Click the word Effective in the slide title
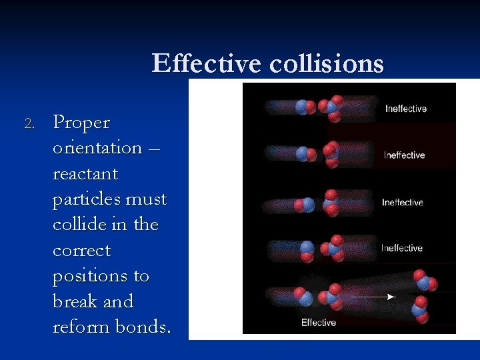pyautogui.click(x=207, y=64)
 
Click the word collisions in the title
pyautogui.click(x=327, y=64)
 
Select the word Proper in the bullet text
pyautogui.click(x=81, y=123)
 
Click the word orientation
pyautogui.click(x=97, y=148)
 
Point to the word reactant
pyautogui.click(x=85, y=174)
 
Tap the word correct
pyautogui.click(x=81, y=251)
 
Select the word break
pyautogui.click(x=74, y=301)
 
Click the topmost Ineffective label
pyautogui.click(x=405, y=109)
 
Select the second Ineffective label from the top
pyautogui.click(x=404, y=155)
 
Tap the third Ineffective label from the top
pyautogui.click(x=402, y=202)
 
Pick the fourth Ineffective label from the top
pyautogui.click(x=401, y=248)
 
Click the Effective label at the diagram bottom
pyautogui.click(x=319, y=323)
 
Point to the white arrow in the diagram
pyautogui.click(x=373, y=296)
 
